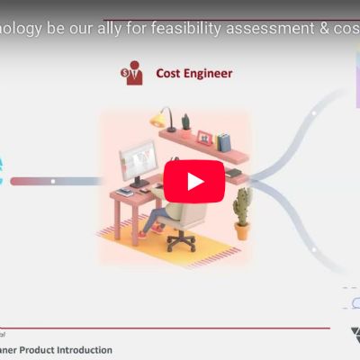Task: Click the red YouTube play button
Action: point(194,181)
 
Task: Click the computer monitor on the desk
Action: point(138,163)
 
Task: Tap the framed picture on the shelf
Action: point(204,139)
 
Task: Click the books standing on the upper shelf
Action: point(224,140)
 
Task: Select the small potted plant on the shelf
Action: point(186,122)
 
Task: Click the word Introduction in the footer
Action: point(82,349)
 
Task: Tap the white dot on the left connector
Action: point(53,181)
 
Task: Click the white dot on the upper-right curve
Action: point(312,115)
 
